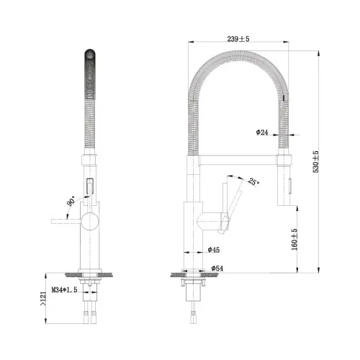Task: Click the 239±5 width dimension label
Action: pyautogui.click(x=238, y=39)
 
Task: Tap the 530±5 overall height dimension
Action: pyautogui.click(x=315, y=161)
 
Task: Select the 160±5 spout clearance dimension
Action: pyautogui.click(x=294, y=240)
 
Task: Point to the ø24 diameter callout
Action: pyautogui.click(x=262, y=132)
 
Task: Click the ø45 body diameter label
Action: pyautogui.click(x=214, y=250)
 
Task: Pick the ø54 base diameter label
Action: pyautogui.click(x=217, y=269)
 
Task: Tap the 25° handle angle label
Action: pyautogui.click(x=253, y=181)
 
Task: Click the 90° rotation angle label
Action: pyautogui.click(x=71, y=201)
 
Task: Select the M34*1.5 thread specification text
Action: pyautogui.click(x=64, y=289)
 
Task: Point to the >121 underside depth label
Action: pyautogui.click(x=42, y=299)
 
